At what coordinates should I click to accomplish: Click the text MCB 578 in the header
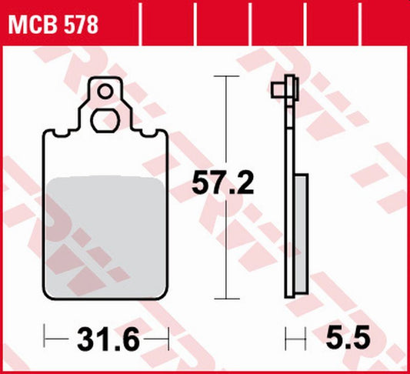point(52,25)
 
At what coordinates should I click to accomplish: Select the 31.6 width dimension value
point(106,337)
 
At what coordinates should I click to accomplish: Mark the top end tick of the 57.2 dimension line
point(224,77)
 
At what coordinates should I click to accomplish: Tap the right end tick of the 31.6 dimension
point(167,337)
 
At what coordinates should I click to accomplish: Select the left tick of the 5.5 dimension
point(286,337)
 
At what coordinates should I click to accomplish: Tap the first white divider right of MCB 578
point(143,23)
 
